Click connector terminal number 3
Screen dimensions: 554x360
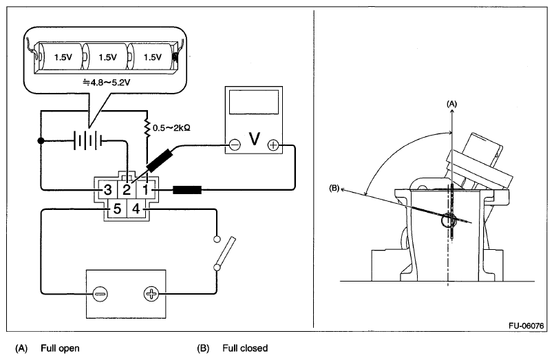click(107, 190)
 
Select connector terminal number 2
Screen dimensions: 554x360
click(127, 190)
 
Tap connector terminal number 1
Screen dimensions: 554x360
click(145, 190)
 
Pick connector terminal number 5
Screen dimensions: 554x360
click(117, 209)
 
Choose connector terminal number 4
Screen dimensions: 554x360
click(136, 209)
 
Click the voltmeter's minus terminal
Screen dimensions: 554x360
click(235, 145)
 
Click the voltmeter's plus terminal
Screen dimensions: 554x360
click(273, 145)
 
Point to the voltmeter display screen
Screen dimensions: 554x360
click(254, 102)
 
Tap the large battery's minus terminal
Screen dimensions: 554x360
click(100, 294)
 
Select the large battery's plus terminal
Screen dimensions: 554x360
click(151, 294)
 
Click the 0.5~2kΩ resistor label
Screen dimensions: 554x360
click(171, 127)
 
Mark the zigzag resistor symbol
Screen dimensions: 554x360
click(147, 129)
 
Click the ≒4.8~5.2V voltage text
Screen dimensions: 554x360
click(107, 83)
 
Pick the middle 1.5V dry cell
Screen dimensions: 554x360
click(107, 56)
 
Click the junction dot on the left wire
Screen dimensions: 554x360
click(41, 140)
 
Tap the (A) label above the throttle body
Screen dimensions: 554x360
click(451, 104)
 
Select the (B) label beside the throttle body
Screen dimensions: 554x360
click(334, 189)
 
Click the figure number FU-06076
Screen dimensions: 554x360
click(526, 326)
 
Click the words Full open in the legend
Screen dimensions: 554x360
click(60, 348)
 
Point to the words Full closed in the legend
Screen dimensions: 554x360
click(245, 348)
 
